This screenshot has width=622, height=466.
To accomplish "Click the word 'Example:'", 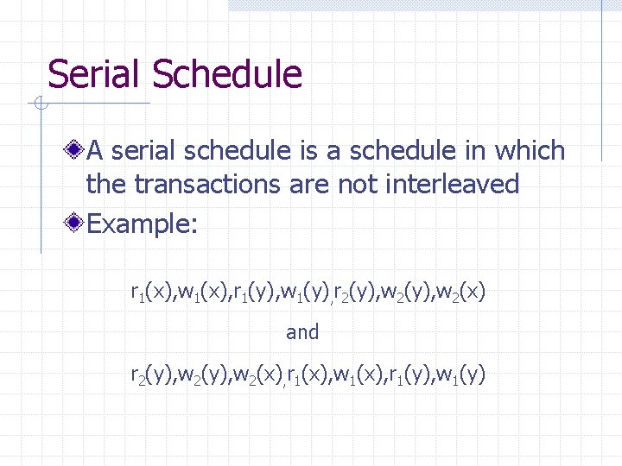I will pyautogui.click(x=143, y=225).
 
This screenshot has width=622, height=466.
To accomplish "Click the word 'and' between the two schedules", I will pyautogui.click(x=302, y=331).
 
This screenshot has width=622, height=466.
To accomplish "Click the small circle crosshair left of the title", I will pyautogui.click(x=39, y=104).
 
